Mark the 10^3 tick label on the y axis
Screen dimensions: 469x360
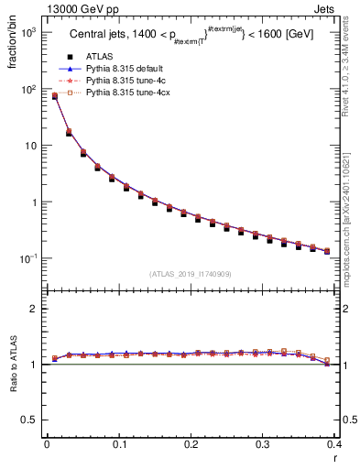(27, 32)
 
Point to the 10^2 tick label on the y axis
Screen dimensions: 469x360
(27, 89)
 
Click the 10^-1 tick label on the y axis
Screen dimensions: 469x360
(26, 258)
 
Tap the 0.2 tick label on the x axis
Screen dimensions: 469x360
(191, 446)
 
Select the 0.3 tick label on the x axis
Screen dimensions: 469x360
(263, 446)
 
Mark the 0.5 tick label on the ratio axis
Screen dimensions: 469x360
(29, 420)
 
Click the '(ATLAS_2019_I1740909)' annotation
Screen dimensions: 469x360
(191, 274)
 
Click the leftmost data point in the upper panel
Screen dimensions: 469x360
(54, 96)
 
